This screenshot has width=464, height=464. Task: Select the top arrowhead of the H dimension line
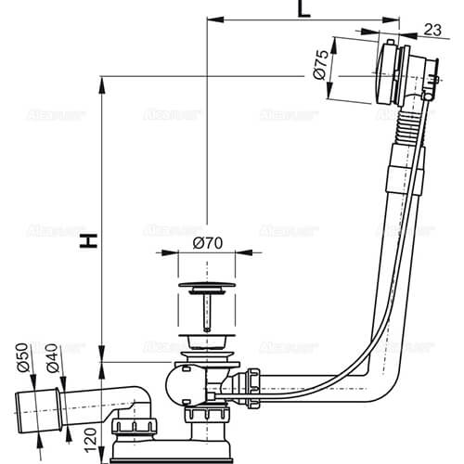pyautogui.click(x=98, y=83)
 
